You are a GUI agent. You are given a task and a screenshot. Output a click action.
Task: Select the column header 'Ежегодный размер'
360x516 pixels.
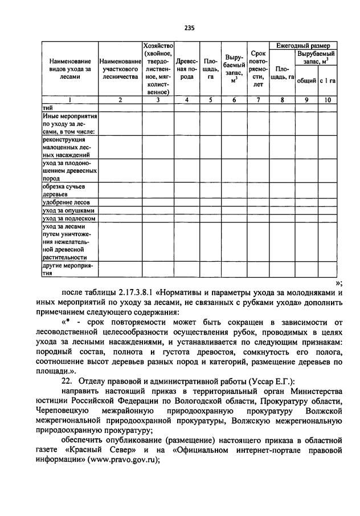pos(302,45)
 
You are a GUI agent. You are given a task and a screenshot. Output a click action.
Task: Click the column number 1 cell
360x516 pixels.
pos(69,100)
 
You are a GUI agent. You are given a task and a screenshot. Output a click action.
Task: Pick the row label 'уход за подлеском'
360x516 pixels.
pos(66,218)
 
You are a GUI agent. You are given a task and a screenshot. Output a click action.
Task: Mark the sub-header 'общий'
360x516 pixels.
pos(306,81)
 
